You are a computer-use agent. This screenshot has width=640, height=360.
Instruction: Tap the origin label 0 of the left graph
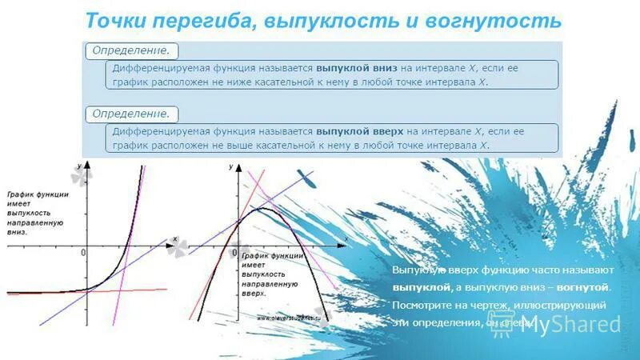point(82,253)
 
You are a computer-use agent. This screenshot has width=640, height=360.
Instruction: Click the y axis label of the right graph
point(230,166)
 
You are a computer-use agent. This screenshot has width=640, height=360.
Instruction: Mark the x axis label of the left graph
point(174,238)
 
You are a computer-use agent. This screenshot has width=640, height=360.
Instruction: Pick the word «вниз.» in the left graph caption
point(17,233)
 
